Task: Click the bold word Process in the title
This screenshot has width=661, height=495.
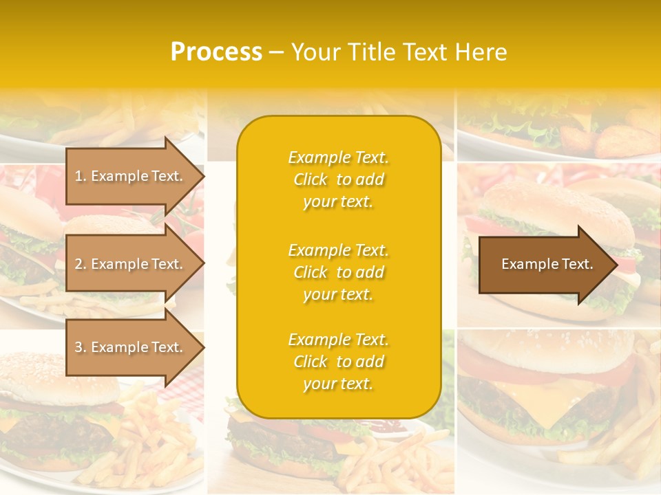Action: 216,52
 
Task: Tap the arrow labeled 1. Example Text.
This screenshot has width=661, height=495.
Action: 131,176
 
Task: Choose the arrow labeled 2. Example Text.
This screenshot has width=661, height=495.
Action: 131,264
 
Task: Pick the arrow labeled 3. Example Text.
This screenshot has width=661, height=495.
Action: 131,347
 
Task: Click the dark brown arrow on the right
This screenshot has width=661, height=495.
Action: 544,264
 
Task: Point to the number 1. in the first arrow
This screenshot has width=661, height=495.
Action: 81,176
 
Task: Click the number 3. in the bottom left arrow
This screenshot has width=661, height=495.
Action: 81,347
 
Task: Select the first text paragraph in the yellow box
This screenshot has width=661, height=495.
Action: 338,179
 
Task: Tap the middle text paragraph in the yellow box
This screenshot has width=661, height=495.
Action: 338,272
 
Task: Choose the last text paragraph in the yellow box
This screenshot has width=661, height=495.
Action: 338,362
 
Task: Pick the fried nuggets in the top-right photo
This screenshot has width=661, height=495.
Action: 620,141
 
